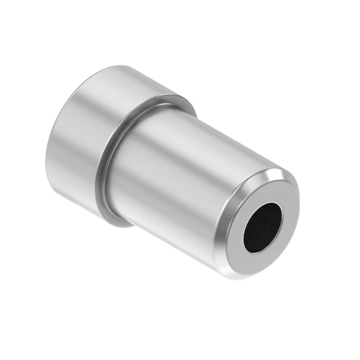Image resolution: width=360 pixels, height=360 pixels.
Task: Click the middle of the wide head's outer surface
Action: [89, 138]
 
